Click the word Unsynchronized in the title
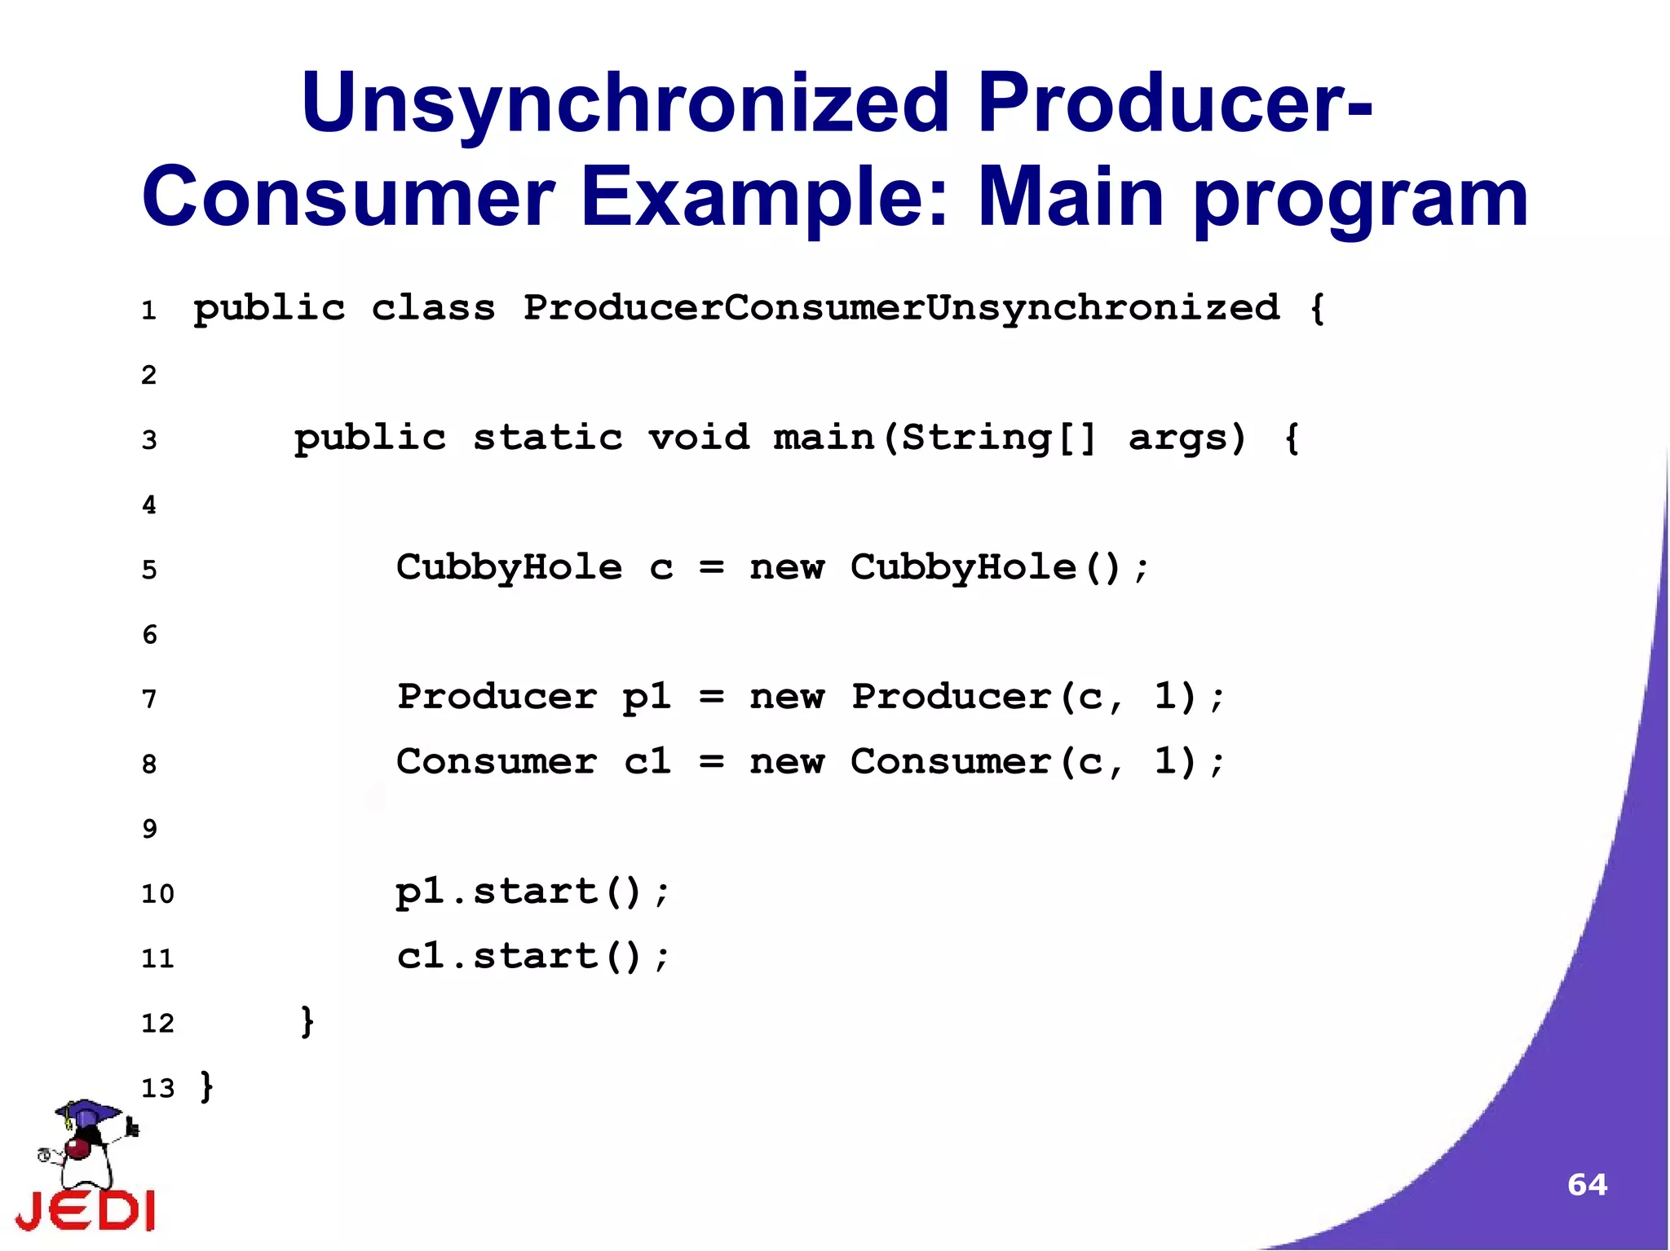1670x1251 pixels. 625,104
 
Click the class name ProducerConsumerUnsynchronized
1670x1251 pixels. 901,309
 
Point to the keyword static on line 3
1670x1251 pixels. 548,438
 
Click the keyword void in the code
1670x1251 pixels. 699,438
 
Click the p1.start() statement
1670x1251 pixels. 532,892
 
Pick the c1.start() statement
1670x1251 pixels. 532,957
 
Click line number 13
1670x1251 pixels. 157,1089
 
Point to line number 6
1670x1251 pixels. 149,635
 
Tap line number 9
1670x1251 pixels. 149,830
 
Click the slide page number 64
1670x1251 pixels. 1587,1184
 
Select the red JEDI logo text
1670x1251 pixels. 86,1210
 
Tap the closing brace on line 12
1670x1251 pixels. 307,1022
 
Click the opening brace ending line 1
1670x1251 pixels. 1316,309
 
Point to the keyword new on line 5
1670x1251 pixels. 787,568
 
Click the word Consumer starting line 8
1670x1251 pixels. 496,763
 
